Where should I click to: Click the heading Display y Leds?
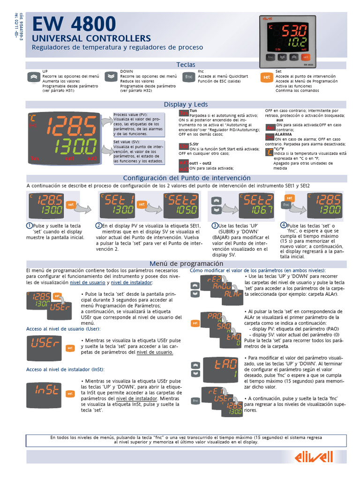pyautogui.click(x=186, y=104)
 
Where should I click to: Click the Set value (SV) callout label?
pyautogui.click(x=127, y=141)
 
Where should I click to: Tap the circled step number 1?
pyautogui.click(x=29, y=225)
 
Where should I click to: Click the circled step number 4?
pyautogui.click(x=284, y=225)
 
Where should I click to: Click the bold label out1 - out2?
pyautogui.click(x=200, y=162)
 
